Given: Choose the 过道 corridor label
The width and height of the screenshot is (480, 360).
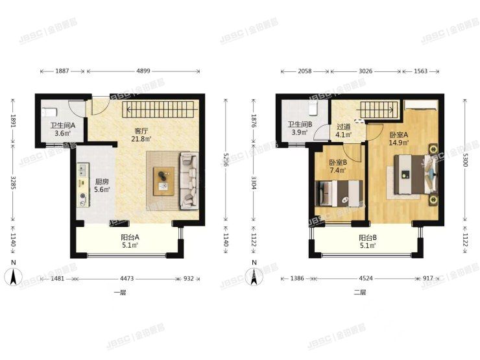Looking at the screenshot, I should click(344, 127).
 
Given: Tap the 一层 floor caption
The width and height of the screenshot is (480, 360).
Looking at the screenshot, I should click(119, 293).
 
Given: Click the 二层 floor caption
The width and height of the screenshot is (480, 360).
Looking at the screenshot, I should click(360, 293).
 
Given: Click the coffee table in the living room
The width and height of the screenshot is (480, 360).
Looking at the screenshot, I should click(163, 180).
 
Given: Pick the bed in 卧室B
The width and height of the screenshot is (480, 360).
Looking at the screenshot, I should click(337, 193).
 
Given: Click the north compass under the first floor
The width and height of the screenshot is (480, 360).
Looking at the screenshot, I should click(13, 277).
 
